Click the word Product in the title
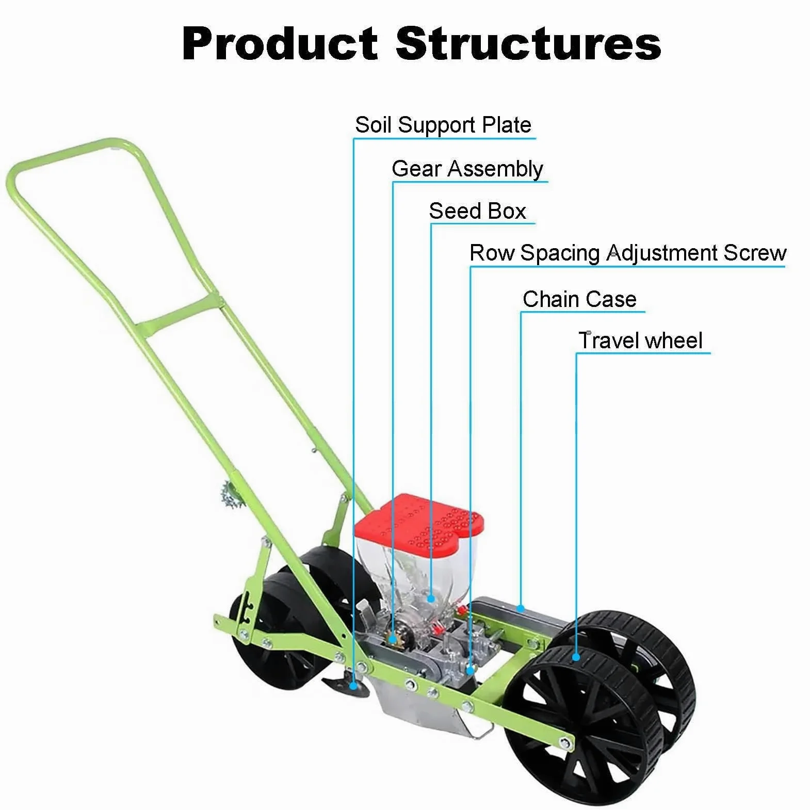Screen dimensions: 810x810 280,43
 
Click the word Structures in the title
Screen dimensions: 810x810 528,43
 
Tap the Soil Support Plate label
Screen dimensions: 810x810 443,125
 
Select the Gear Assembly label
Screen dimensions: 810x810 467,169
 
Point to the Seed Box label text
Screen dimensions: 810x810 477,211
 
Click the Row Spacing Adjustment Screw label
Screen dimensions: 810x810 627,253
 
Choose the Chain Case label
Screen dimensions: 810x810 579,299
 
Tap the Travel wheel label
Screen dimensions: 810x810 640,341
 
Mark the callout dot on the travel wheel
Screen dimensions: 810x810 576,657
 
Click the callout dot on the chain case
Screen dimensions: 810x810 521,609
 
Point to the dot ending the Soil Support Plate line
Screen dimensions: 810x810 353,686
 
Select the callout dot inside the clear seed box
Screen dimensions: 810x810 431,598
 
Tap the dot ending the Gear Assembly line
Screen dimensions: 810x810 393,640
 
